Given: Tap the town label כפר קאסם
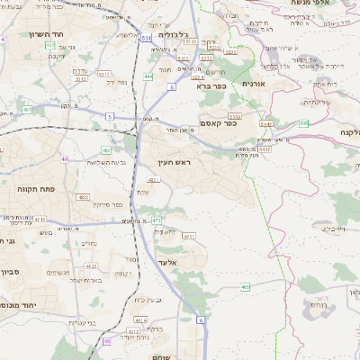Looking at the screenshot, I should tap(216, 124).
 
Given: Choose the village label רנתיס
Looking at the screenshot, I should tap(341, 306).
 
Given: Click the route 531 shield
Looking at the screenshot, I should tap(146, 39).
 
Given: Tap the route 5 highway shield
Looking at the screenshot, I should tap(110, 116).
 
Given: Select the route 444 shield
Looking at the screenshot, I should tap(147, 76).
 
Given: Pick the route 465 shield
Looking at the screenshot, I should tap(245, 287).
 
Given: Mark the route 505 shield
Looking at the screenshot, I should tap(304, 122).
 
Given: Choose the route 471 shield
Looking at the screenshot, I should tap(156, 220).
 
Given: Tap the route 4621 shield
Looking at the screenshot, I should tap(154, 181).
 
